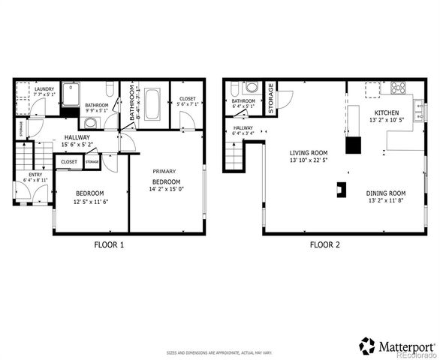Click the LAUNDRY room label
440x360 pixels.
click(44, 89)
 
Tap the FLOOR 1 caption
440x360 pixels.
click(109, 244)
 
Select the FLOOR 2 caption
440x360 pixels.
click(325, 244)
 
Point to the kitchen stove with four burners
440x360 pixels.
click(397, 87)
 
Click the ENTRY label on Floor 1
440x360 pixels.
click(35, 174)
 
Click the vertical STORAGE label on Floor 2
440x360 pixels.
click(270, 98)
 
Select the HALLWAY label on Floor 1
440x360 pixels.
click(77, 137)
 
